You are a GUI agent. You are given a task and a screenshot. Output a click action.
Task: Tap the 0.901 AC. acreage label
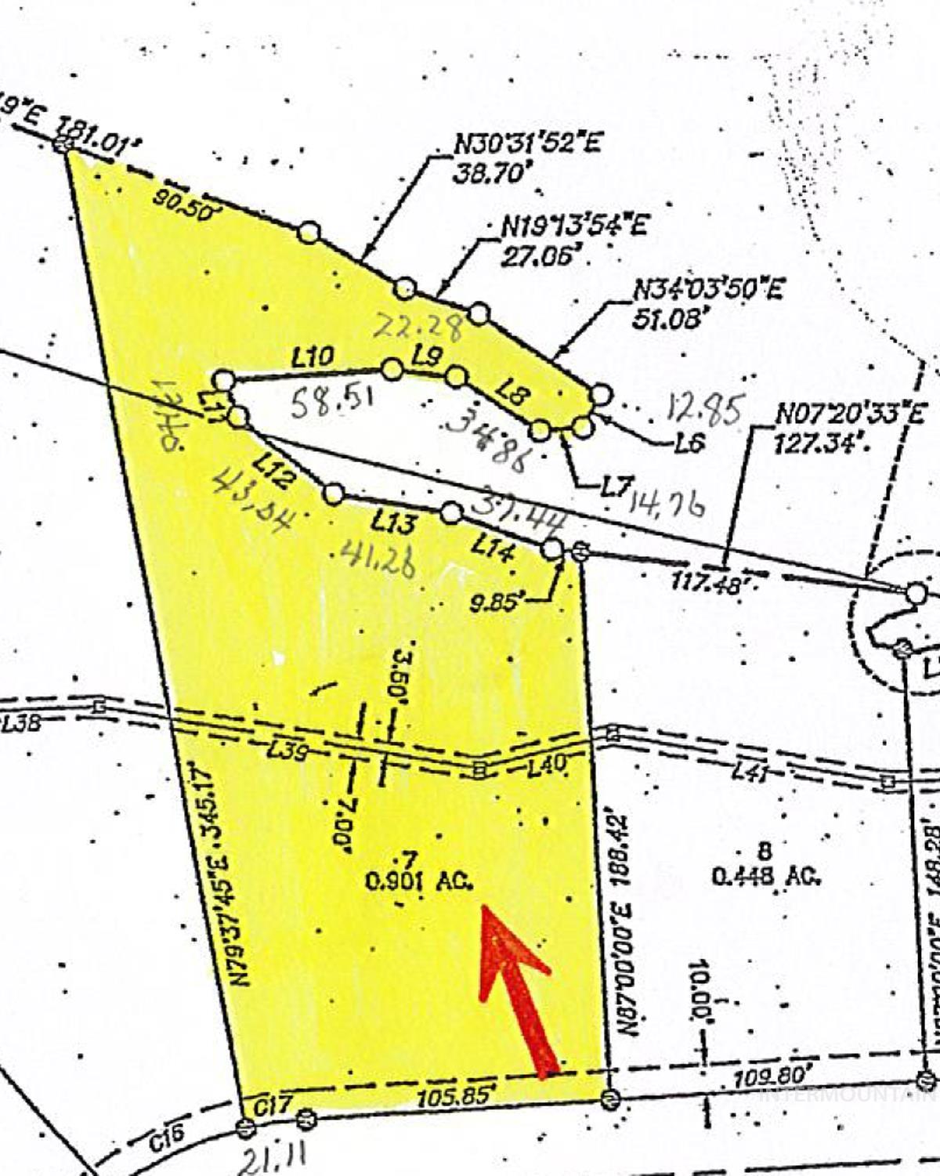click(420, 881)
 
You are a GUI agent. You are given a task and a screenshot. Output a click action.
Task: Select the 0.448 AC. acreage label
click(767, 875)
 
